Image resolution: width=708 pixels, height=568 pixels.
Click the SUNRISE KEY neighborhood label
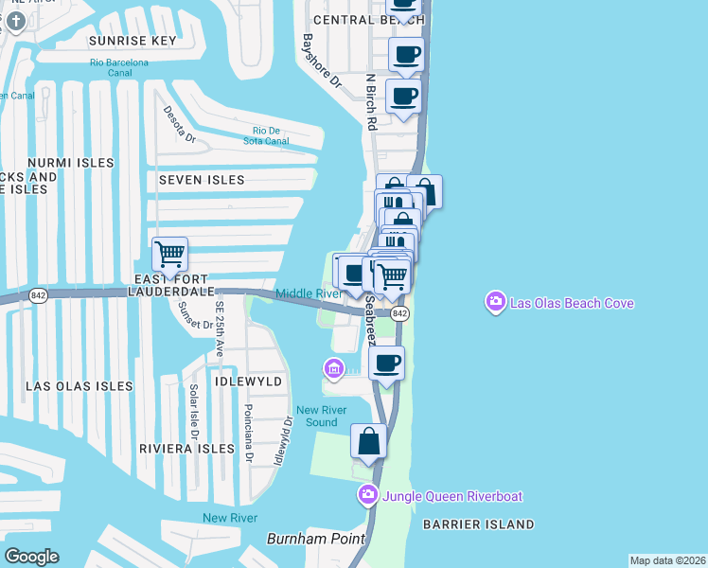tap(133, 42)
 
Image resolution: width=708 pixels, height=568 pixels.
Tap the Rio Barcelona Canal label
tap(119, 62)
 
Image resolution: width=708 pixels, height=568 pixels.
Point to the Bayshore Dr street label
tap(321, 62)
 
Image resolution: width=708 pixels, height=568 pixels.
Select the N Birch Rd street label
tap(372, 102)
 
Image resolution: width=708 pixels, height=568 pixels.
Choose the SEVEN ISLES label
tap(202, 180)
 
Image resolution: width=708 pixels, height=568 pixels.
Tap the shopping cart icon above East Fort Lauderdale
tap(169, 253)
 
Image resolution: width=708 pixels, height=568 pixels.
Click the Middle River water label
tap(309, 293)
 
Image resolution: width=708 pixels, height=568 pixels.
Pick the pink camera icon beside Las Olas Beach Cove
tap(495, 303)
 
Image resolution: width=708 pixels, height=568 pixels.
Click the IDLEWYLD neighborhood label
tap(249, 380)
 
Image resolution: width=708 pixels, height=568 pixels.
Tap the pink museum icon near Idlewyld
tap(333, 367)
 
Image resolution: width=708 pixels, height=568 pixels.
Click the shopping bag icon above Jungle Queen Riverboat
tap(368, 441)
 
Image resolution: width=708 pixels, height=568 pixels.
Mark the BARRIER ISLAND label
tap(479, 524)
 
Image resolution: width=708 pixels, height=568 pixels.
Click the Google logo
tap(31, 557)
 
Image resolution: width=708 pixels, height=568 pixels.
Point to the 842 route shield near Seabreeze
tap(399, 313)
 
